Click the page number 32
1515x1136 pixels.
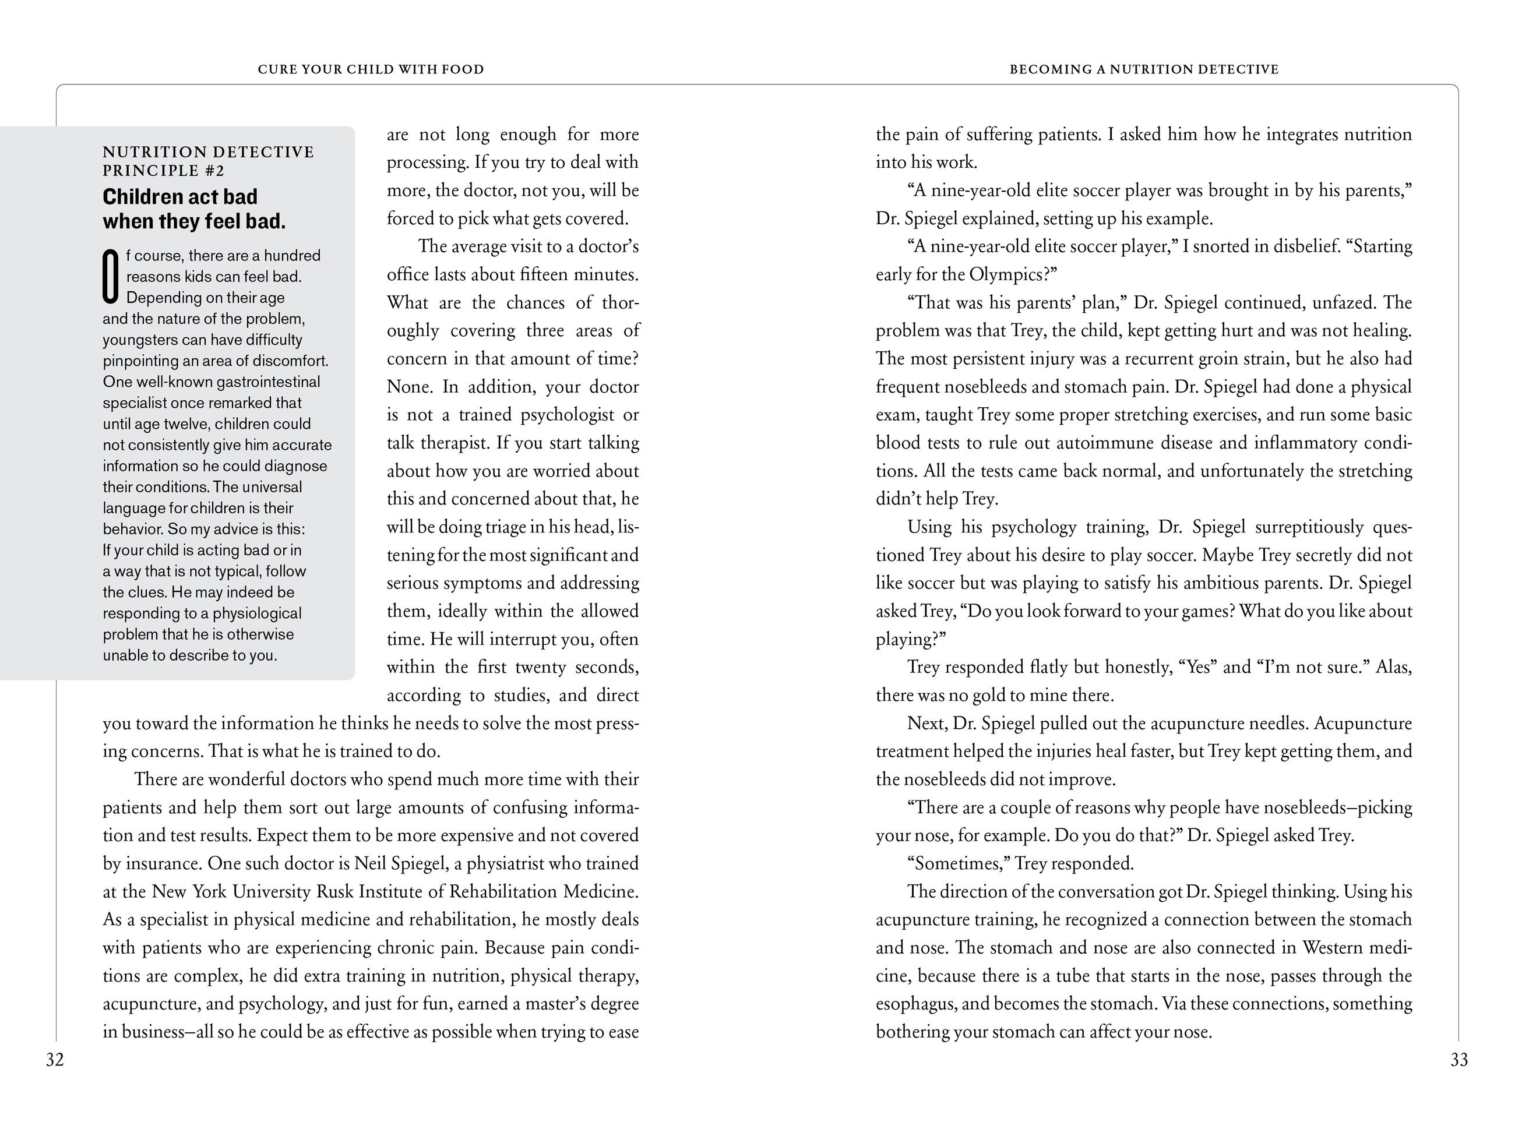(x=55, y=1060)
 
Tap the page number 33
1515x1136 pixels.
(x=1459, y=1060)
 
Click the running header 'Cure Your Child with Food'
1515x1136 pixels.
(x=371, y=69)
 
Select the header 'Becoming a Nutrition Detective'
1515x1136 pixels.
(x=1144, y=69)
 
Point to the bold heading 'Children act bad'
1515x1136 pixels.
(x=180, y=197)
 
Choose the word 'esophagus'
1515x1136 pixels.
(x=917, y=1004)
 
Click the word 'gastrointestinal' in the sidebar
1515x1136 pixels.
(x=268, y=382)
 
